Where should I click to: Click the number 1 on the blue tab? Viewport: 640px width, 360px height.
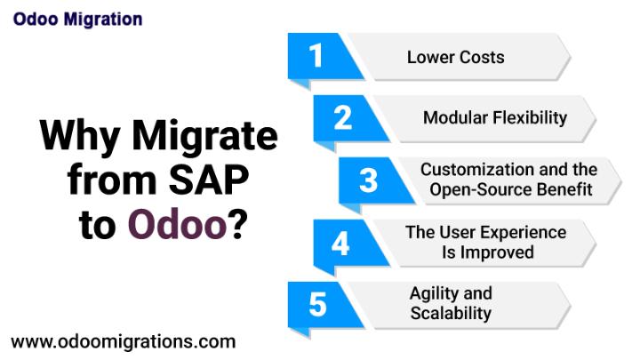pyautogui.click(x=316, y=55)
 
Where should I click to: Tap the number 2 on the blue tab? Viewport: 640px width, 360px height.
pyautogui.click(x=343, y=117)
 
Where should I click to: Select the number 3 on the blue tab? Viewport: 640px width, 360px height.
pyautogui.click(x=368, y=180)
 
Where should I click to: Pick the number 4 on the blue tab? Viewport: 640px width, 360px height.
pyautogui.click(x=340, y=244)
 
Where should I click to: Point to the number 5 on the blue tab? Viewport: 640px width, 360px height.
pyautogui.click(x=317, y=305)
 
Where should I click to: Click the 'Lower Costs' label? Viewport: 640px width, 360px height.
pyautogui.click(x=455, y=57)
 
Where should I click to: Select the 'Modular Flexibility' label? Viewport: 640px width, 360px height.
pyautogui.click(x=495, y=118)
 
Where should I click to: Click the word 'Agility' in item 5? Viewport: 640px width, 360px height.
pyautogui.click(x=433, y=294)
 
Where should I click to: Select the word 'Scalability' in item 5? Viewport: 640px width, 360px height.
pyautogui.click(x=451, y=314)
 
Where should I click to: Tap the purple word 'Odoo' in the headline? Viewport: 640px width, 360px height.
pyautogui.click(x=177, y=224)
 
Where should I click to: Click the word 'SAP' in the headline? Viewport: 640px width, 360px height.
pyautogui.click(x=209, y=180)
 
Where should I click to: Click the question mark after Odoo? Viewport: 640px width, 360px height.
pyautogui.click(x=237, y=224)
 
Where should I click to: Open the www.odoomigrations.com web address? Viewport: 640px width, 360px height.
pyautogui.click(x=124, y=342)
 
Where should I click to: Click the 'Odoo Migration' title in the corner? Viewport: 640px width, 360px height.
pyautogui.click(x=77, y=20)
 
